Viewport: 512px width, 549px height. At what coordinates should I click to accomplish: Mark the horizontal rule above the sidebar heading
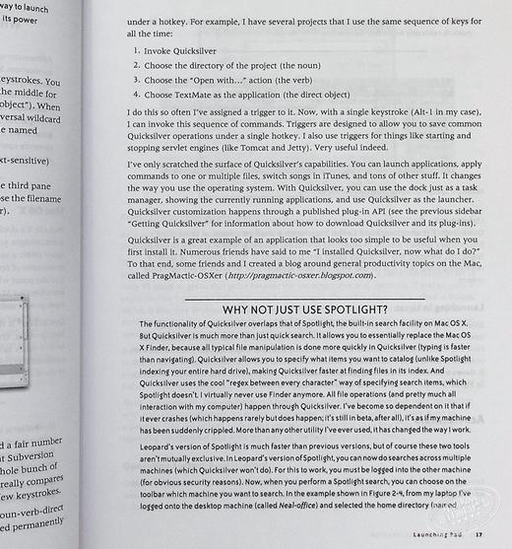click(304, 299)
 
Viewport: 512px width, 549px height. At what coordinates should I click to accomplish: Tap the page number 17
click(479, 536)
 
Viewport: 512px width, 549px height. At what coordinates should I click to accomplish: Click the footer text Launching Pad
click(434, 536)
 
